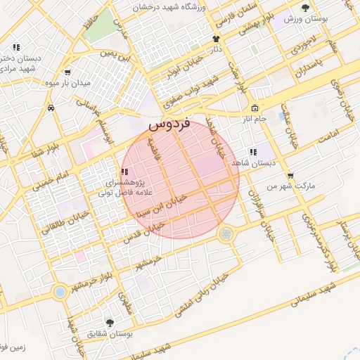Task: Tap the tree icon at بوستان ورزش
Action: pyautogui.click(x=305, y=8)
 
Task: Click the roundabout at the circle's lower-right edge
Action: pyautogui.click(x=226, y=233)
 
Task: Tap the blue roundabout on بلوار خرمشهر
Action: pyautogui.click(x=60, y=290)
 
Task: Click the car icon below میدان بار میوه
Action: pyautogui.click(x=51, y=108)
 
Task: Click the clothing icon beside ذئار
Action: pyautogui.click(x=216, y=39)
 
